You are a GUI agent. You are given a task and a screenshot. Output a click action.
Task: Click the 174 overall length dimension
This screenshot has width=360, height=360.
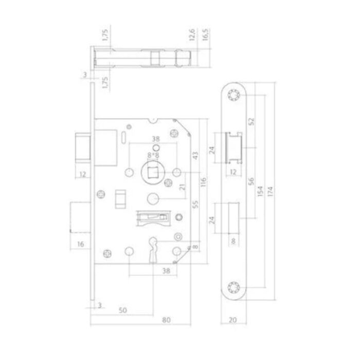click(x=270, y=191)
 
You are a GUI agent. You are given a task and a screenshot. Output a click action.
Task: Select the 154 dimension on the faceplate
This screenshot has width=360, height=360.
click(x=260, y=191)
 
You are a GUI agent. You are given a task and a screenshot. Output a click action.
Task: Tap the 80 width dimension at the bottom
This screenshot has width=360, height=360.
click(x=166, y=320)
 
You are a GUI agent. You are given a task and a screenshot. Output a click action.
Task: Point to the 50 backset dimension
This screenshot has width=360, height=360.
click(x=123, y=310)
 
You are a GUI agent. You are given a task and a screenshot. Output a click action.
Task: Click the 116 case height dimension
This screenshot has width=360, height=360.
click(x=204, y=182)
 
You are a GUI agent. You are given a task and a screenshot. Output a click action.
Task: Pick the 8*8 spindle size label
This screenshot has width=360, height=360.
click(x=153, y=155)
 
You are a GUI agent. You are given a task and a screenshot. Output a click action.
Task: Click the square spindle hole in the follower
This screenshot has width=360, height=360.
click(x=152, y=172)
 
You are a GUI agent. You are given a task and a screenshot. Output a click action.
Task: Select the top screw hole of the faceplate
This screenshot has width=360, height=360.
click(x=233, y=95)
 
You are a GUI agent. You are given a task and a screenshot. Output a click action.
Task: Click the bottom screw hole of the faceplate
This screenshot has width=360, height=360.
click(x=233, y=287)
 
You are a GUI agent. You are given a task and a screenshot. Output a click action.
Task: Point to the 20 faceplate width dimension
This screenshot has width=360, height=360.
click(x=233, y=320)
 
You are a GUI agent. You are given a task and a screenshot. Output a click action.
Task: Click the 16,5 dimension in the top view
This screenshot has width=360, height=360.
click(x=205, y=34)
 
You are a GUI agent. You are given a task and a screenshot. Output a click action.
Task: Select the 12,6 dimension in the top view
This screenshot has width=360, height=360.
click(x=192, y=34)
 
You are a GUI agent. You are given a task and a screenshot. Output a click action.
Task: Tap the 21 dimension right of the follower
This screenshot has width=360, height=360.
click(x=182, y=187)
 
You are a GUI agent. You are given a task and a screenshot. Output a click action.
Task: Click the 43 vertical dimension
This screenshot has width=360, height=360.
click(x=195, y=156)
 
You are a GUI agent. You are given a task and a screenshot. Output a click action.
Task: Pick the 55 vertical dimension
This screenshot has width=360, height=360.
click(x=195, y=204)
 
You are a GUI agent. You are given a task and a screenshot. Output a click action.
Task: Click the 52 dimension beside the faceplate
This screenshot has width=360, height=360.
click(x=252, y=121)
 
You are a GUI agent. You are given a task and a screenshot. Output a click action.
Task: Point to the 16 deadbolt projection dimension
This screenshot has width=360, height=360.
click(x=81, y=244)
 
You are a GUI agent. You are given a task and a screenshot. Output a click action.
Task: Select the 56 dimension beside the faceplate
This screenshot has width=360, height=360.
click(x=251, y=181)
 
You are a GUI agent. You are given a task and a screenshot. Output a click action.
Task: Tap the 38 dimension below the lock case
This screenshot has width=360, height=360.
click(x=166, y=271)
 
